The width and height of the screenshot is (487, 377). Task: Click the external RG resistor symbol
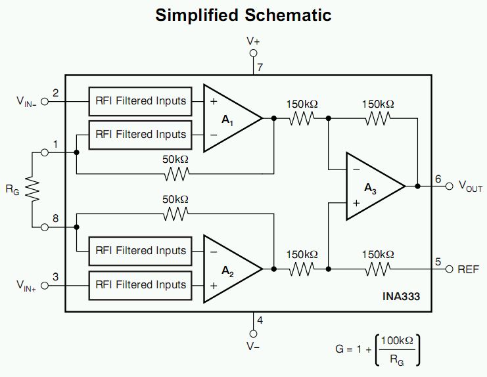pyautogui.click(x=32, y=189)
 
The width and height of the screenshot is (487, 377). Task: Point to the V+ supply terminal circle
pyautogui.click(x=254, y=53)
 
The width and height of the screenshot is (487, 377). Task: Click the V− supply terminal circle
pyautogui.click(x=254, y=334)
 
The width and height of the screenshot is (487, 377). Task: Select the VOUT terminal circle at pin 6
pyautogui.click(x=449, y=186)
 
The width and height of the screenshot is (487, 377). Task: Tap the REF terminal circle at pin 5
pyautogui.click(x=449, y=269)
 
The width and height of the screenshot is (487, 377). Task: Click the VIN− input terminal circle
pyautogui.click(x=45, y=101)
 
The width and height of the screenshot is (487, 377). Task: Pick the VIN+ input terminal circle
pyautogui.click(x=45, y=286)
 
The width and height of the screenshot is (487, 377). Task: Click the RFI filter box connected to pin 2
pyautogui.click(x=140, y=101)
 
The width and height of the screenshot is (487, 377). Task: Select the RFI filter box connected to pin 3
pyautogui.click(x=140, y=286)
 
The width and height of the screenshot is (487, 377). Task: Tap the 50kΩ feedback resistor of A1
pyautogui.click(x=176, y=174)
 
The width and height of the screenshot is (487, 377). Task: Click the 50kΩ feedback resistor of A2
pyautogui.click(x=175, y=214)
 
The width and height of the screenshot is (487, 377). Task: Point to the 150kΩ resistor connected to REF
pyautogui.click(x=378, y=269)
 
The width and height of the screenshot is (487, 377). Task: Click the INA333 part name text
pyautogui.click(x=401, y=296)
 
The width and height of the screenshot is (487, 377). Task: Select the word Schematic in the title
pyautogui.click(x=288, y=15)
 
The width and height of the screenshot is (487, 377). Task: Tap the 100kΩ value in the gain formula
pyautogui.click(x=397, y=341)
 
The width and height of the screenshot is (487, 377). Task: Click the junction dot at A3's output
pyautogui.click(x=418, y=186)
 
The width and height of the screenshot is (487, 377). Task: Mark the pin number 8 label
pyautogui.click(x=56, y=219)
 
